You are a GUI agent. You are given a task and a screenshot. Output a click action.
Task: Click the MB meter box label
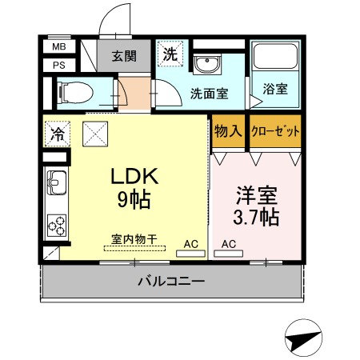point(59,46)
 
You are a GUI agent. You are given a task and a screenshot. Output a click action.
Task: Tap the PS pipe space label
point(59,66)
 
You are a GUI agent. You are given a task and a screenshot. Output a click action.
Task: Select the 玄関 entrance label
point(124,56)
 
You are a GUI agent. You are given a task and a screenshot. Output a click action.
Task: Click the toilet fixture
point(76,93)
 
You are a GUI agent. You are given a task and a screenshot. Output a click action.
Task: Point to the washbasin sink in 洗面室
point(207,64)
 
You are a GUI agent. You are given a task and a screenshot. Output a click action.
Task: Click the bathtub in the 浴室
point(275,56)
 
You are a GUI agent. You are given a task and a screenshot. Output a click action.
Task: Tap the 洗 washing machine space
point(170,54)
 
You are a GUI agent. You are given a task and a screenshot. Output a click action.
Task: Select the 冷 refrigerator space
point(58,134)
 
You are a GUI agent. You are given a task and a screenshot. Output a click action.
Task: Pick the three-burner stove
point(57,226)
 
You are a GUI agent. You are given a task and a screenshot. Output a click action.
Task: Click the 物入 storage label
point(229,131)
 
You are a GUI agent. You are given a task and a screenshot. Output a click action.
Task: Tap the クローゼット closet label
point(275,131)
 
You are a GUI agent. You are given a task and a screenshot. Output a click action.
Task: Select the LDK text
point(135,176)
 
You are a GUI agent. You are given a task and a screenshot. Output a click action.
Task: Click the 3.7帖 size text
point(256,218)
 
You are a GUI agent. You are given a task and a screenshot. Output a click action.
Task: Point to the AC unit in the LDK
point(190,254)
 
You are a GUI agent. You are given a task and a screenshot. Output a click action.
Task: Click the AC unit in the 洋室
point(228,254)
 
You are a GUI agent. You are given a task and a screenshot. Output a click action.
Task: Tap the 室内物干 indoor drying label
point(134,239)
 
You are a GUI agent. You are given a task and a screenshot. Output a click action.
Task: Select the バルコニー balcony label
point(171,281)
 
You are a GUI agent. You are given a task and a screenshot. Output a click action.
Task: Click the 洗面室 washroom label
point(210,94)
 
